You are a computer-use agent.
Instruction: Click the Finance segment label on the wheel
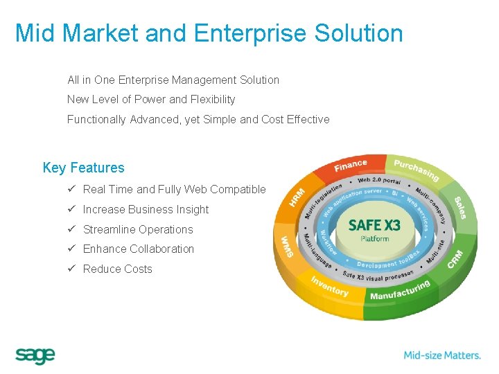(350, 166)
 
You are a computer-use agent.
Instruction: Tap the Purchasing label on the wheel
(416, 170)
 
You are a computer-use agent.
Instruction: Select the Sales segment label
(460, 208)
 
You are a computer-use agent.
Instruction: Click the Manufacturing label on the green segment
(400, 290)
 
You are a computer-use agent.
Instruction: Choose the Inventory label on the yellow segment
(329, 286)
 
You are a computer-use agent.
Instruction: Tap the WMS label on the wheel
(286, 246)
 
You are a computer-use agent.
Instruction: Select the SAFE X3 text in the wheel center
(374, 225)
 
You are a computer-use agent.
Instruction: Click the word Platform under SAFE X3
(375, 239)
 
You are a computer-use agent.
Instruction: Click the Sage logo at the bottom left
(35, 355)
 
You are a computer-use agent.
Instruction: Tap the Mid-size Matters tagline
(442, 355)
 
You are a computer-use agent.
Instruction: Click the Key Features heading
(83, 168)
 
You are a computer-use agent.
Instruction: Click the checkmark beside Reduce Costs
(71, 269)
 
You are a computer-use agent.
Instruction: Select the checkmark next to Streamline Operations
(71, 229)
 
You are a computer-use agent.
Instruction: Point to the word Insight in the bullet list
(193, 209)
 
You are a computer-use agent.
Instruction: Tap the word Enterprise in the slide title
(251, 33)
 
